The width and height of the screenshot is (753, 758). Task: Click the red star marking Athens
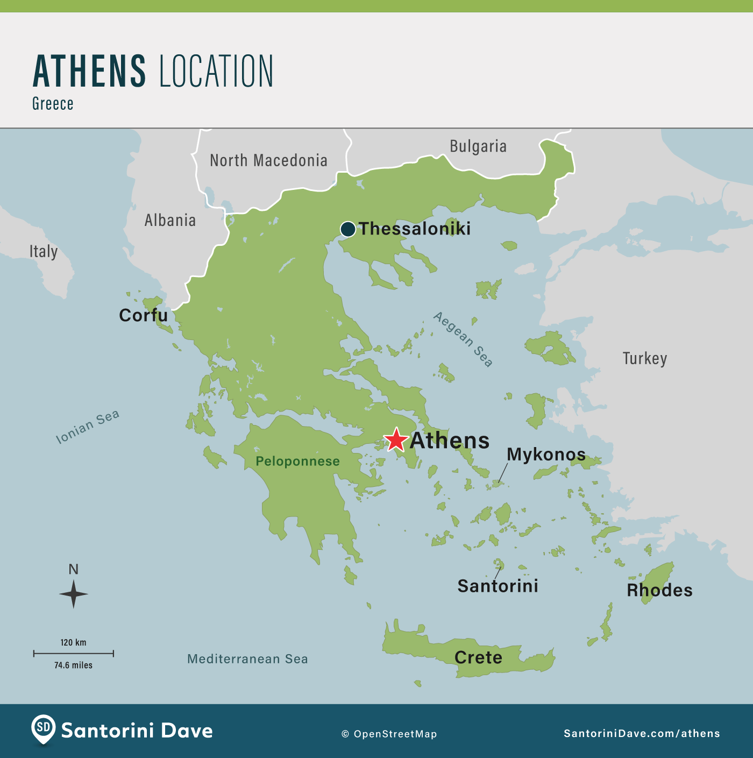[396, 440]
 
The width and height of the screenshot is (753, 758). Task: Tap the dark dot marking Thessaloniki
[348, 229]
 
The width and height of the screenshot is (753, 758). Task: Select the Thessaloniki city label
[415, 229]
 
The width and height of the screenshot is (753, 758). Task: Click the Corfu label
[143, 315]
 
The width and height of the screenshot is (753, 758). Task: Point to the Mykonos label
[546, 455]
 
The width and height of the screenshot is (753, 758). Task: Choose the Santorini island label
[498, 586]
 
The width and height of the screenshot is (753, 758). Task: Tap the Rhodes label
[659, 590]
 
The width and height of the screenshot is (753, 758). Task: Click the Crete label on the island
[478, 657]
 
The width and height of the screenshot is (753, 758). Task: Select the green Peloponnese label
[297, 461]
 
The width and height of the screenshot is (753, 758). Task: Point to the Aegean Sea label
[463, 339]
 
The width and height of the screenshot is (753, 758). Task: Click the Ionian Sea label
[88, 427]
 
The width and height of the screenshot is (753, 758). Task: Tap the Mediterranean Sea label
[247, 659]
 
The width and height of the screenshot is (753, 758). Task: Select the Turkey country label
[645, 358]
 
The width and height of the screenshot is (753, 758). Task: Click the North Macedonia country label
[268, 160]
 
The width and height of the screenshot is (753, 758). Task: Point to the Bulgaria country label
[478, 146]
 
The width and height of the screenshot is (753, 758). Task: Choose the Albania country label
[170, 220]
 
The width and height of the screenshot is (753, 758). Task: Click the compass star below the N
[74, 594]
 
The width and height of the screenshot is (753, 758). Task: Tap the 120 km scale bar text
[73, 642]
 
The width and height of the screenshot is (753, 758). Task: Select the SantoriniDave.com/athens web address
[642, 733]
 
